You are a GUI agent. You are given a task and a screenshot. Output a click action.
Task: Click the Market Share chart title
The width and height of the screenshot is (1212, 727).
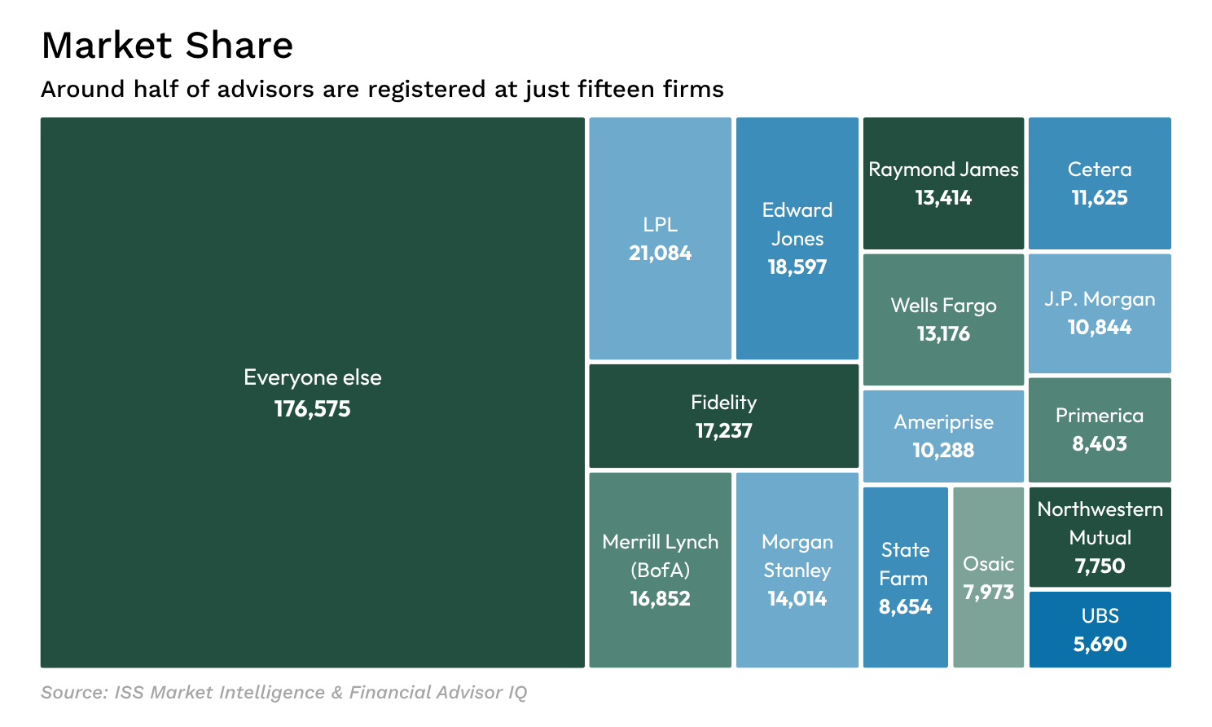pos(167,46)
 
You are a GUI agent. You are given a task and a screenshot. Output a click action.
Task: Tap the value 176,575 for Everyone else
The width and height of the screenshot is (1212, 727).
pos(312,409)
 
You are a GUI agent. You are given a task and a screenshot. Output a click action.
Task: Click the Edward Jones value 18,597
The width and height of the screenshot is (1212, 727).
pos(797,267)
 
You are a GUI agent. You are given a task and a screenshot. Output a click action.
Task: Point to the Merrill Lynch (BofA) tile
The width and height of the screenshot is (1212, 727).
pos(660,636)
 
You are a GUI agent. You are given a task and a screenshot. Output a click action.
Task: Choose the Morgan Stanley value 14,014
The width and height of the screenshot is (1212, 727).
pos(797,599)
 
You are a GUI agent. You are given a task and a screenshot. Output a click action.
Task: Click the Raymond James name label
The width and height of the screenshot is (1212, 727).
pos(943,170)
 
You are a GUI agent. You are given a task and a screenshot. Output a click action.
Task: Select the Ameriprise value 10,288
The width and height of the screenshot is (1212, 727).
pos(943,451)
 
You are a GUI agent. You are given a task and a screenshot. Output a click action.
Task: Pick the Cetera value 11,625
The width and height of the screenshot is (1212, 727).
pos(1100,198)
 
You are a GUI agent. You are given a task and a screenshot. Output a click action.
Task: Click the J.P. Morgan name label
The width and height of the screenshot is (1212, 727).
pos(1100,299)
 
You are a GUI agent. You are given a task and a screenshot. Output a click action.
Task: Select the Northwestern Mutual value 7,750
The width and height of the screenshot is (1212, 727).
pos(1100,566)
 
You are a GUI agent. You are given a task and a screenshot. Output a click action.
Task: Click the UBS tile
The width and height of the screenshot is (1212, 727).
pos(1100,629)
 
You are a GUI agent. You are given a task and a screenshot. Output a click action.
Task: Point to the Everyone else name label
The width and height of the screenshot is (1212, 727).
pos(312,377)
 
